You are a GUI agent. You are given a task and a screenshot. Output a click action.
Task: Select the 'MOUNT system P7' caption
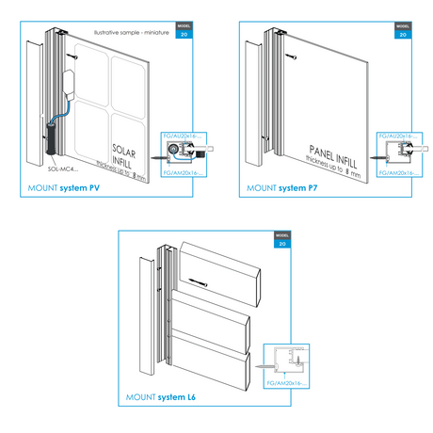point(283,189)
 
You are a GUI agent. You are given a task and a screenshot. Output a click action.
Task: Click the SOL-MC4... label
point(63,168)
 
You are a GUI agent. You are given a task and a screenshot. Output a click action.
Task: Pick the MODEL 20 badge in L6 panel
point(281,239)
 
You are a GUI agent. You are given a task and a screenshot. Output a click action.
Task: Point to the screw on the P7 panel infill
point(294,56)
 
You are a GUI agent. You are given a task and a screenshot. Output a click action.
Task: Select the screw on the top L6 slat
point(198,281)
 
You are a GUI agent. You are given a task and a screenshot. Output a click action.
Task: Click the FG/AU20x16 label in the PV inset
point(183,136)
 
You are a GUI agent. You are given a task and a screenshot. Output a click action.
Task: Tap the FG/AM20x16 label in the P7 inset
point(396,173)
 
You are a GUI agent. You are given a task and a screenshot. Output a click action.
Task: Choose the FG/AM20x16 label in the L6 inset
point(286,384)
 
